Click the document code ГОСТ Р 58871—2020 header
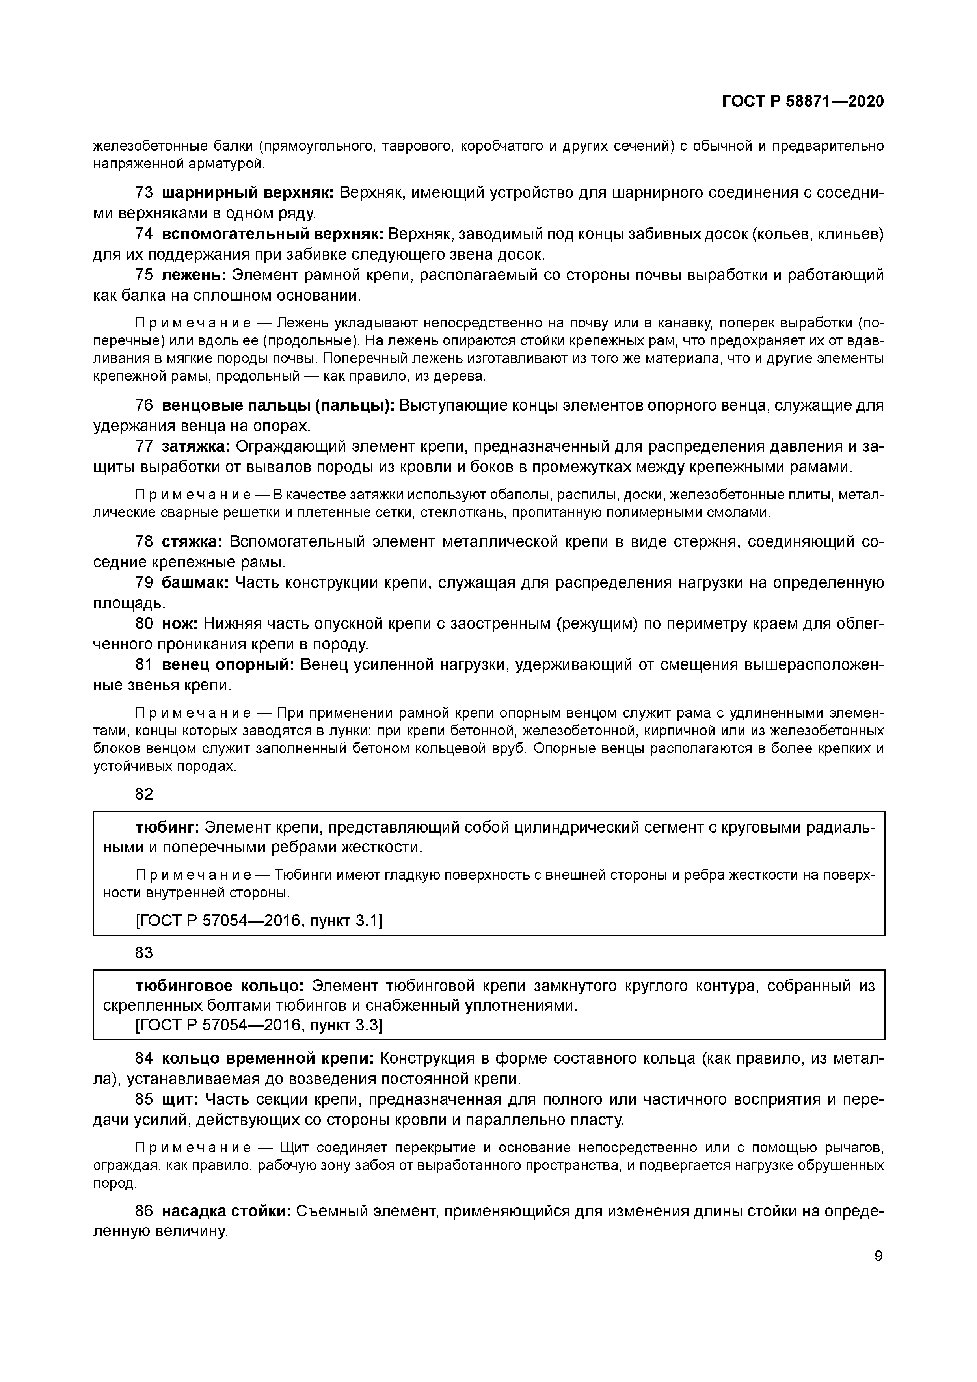803,101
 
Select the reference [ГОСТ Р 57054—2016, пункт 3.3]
259,1025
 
